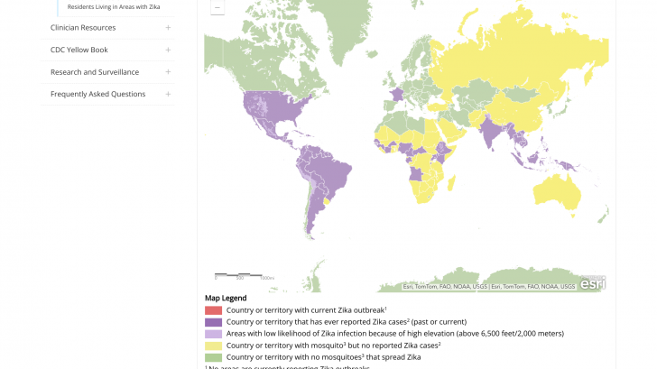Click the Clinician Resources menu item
[83, 27]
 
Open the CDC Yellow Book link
[79, 50]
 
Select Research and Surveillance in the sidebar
[94, 72]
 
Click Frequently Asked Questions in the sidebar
[97, 94]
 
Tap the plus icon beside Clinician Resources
[168, 27]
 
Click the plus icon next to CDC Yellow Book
[168, 50]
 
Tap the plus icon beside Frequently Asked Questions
[168, 94]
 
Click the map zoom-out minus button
[217, 7]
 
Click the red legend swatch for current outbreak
[213, 310]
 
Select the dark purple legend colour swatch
[213, 322]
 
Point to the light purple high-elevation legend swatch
[213, 334]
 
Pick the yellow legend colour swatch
[213, 346]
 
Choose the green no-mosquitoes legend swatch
[213, 357]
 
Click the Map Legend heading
[226, 298]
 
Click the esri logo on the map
[592, 283]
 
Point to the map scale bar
[239, 274]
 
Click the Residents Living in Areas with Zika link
[114, 7]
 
